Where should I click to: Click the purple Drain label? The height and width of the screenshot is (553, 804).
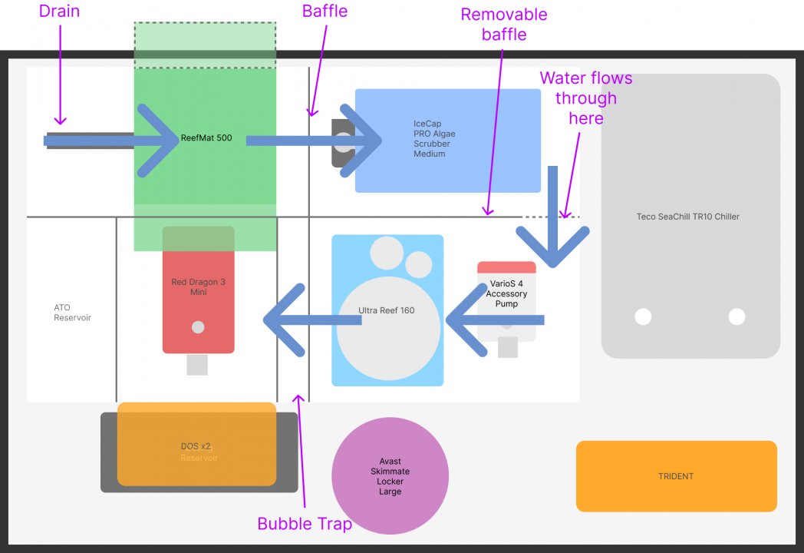59,12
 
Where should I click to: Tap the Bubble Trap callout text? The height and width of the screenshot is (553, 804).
305,524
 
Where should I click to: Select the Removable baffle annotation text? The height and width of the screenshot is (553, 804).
504,24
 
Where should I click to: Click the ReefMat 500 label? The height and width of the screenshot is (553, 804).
206,139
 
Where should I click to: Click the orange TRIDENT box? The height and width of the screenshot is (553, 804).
676,476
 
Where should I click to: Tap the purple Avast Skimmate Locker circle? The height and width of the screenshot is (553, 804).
390,476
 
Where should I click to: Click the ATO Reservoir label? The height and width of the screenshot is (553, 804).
72,313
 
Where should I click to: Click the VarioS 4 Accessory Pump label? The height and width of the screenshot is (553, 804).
506,293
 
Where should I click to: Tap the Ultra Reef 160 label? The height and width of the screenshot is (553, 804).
387,311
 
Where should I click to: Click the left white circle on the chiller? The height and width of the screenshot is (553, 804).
643,316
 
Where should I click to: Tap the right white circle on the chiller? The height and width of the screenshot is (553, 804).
736,316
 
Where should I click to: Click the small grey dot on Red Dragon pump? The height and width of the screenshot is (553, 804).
198,327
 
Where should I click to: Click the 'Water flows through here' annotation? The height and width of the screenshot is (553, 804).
586,98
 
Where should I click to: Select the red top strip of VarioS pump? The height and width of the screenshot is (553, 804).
506,267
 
